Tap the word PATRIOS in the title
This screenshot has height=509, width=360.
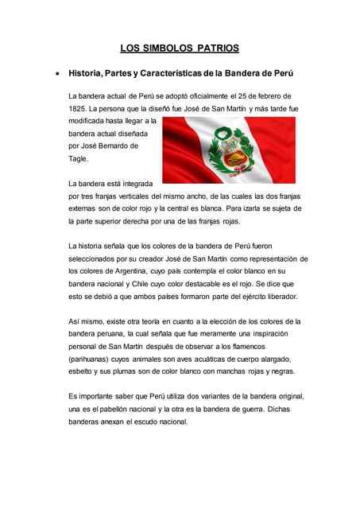coord(214,49)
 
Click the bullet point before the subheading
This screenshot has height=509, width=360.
coord(56,74)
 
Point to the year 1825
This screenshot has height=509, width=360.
coord(78,108)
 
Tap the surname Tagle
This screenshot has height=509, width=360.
coord(78,159)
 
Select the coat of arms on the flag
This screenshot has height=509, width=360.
coord(228,151)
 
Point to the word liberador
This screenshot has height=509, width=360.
coord(278,296)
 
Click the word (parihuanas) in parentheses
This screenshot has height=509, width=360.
coord(91,359)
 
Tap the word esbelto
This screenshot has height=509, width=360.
coord(83,371)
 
